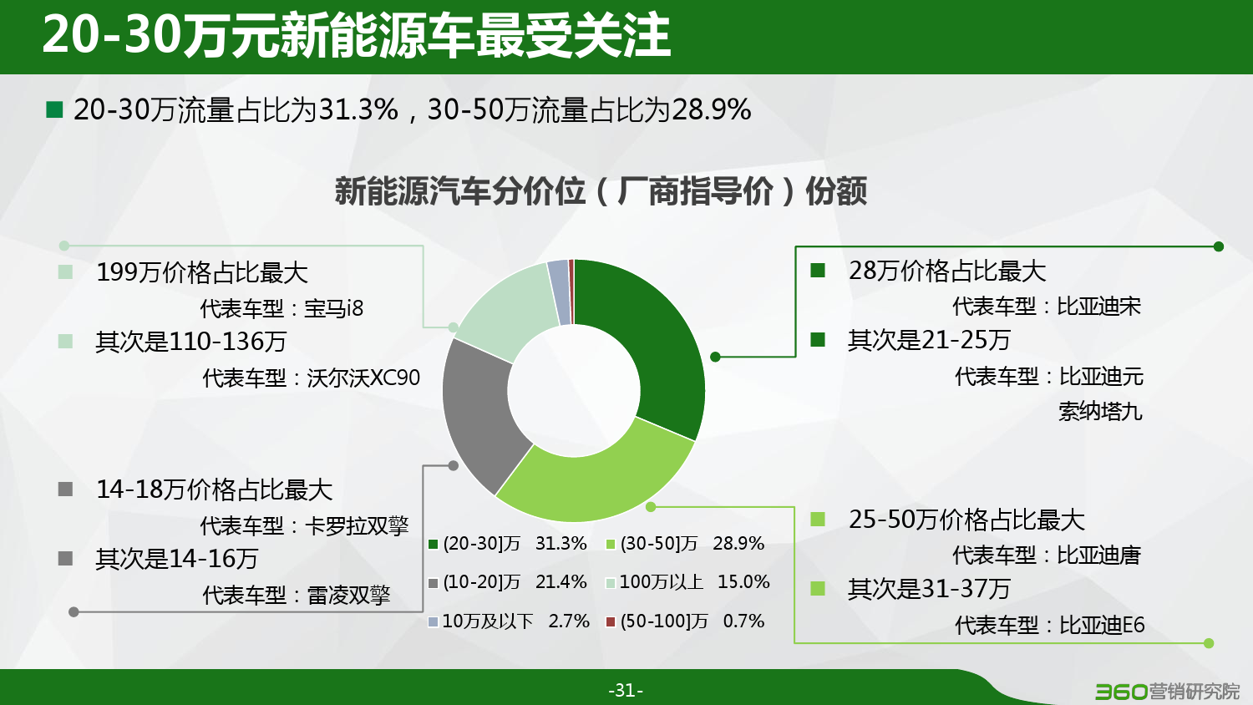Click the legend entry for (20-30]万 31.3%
pos(507,543)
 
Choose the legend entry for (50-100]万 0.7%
pos(685,621)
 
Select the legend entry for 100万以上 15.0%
pos(688,582)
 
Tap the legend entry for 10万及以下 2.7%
pos(509,621)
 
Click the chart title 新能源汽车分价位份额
pos(601,191)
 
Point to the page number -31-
pos(626,691)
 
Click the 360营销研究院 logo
pos(1168,692)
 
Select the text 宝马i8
pos(334,308)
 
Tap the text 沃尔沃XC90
pos(363,378)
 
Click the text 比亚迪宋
pos(1098,307)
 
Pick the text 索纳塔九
pos(1100,412)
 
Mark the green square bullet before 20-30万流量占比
pos(54,109)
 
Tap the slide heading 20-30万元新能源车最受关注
pos(357,35)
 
